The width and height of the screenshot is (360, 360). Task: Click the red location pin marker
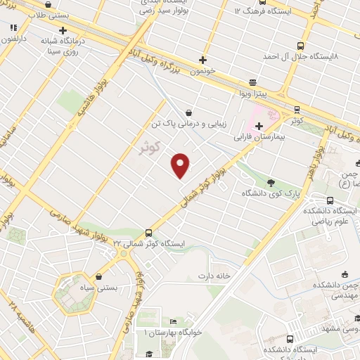click(181, 165)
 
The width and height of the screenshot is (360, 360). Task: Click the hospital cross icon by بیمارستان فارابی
click(259, 125)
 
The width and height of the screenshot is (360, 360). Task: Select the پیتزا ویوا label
click(255, 92)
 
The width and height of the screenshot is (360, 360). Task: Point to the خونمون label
click(204, 72)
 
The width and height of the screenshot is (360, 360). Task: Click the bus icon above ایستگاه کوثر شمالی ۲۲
click(148, 232)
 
